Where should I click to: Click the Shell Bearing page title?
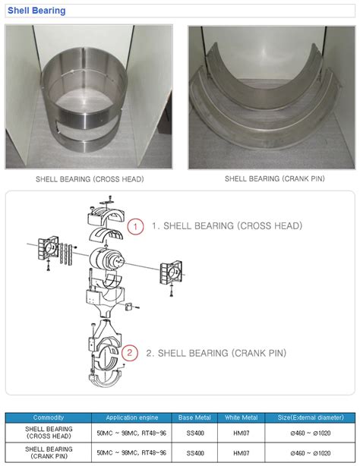pyautogui.click(x=36, y=11)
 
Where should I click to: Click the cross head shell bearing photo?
pyautogui.click(x=89, y=97)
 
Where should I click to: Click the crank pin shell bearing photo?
pyautogui.click(x=272, y=97)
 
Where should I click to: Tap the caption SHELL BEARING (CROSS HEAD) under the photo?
pyautogui.click(x=90, y=179)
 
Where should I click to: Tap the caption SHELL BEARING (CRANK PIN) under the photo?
pyautogui.click(x=275, y=178)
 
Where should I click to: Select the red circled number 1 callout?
pyautogui.click(x=135, y=226)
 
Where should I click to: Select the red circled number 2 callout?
pyautogui.click(x=130, y=353)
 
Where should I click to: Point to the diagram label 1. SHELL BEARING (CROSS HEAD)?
pyautogui.click(x=227, y=226)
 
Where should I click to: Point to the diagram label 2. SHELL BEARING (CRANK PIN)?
pyautogui.click(x=216, y=353)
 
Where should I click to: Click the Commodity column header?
pyautogui.click(x=48, y=417)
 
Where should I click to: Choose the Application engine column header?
pyautogui.click(x=132, y=417)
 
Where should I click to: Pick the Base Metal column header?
pyautogui.click(x=194, y=417)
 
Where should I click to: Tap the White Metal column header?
pyautogui.click(x=241, y=417)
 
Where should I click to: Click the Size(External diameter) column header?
pyautogui.click(x=311, y=417)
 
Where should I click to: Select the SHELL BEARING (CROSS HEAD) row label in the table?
pyautogui.click(x=49, y=433)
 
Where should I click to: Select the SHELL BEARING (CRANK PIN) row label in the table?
pyautogui.click(x=49, y=452)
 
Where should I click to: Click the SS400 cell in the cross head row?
pyautogui.click(x=195, y=433)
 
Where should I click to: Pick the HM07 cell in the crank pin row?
pyautogui.click(x=241, y=453)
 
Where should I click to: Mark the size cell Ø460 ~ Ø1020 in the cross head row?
pyautogui.click(x=311, y=433)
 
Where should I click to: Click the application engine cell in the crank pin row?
pyautogui.click(x=131, y=452)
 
